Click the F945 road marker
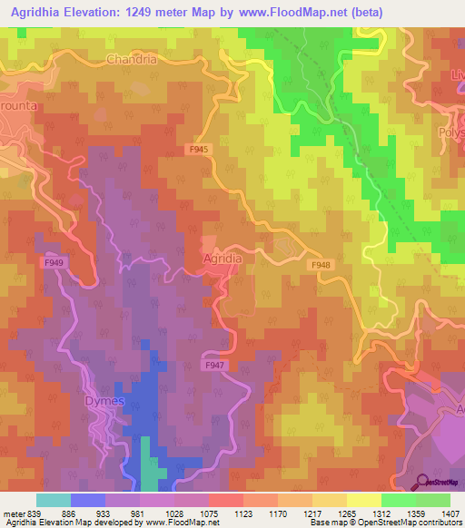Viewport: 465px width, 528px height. [x=200, y=148]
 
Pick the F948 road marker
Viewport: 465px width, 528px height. [x=321, y=265]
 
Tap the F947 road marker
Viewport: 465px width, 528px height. [x=214, y=365]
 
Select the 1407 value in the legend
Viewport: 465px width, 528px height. [x=451, y=513]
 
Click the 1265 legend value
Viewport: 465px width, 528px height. [x=348, y=513]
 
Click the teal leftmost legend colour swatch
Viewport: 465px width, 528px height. [x=54, y=500]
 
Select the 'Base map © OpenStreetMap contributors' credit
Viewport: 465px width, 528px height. [x=385, y=523]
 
